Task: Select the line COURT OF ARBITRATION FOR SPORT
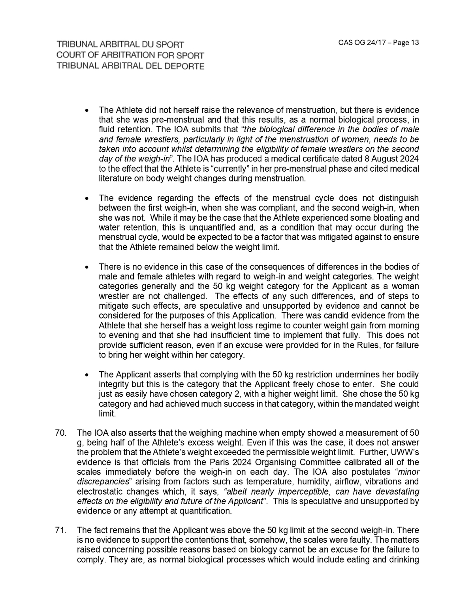(x=130, y=56)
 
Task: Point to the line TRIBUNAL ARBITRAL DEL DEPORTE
(x=130, y=66)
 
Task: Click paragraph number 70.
(x=61, y=433)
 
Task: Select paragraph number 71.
(x=61, y=530)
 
